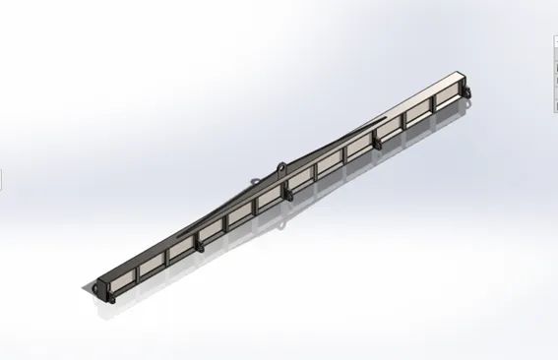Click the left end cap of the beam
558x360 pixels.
pyautogui.click(x=97, y=288)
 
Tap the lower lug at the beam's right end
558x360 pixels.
pyautogui.click(x=470, y=94)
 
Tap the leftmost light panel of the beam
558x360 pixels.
pyautogui.click(x=122, y=275)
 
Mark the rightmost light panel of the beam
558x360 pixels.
pyautogui.click(x=445, y=91)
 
